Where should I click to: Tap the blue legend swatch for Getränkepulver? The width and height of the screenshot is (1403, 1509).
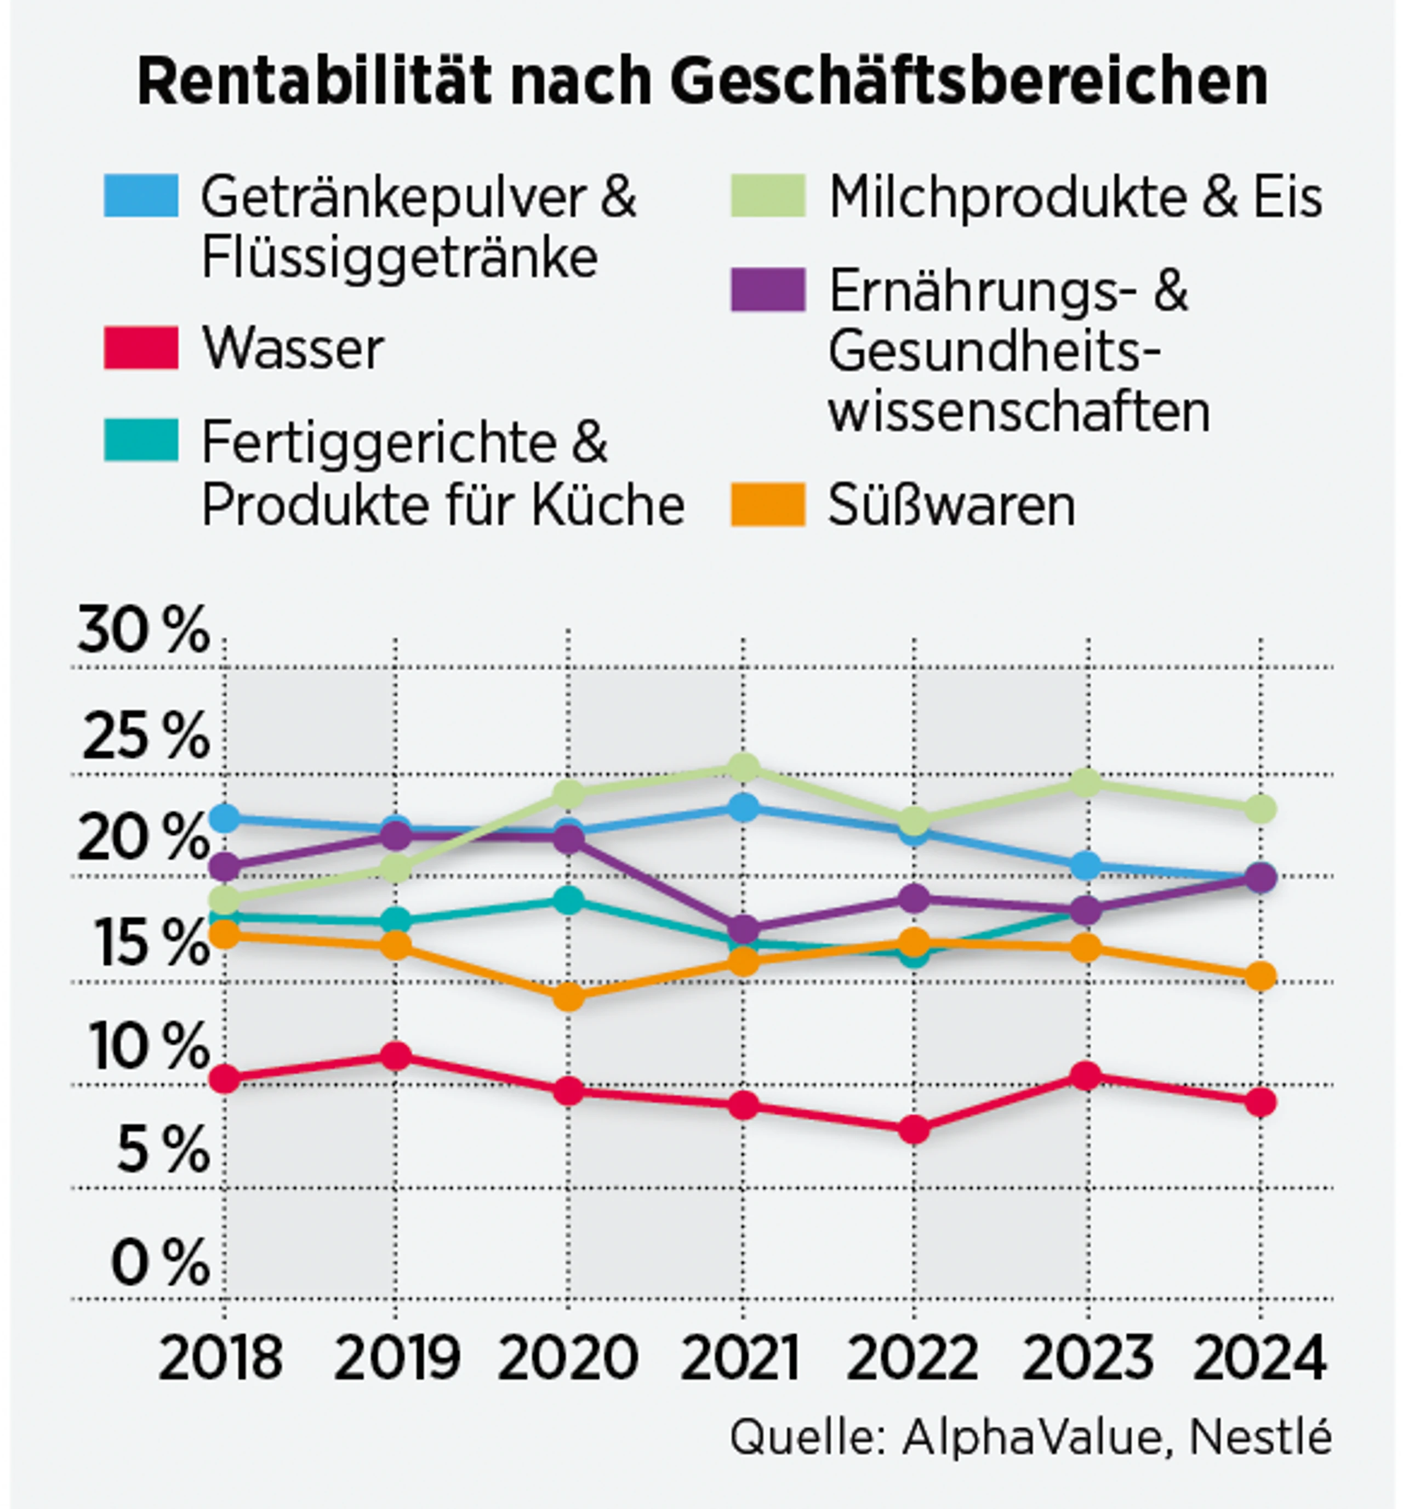coord(141,196)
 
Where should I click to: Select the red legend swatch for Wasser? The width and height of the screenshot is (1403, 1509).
coord(141,349)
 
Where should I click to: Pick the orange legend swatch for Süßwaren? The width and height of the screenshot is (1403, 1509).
coord(767,505)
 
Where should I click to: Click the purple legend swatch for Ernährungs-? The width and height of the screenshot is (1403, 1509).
coord(767,290)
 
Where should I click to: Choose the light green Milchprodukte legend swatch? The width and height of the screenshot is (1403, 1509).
coord(767,196)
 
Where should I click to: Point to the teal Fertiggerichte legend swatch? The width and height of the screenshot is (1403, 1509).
coord(141,440)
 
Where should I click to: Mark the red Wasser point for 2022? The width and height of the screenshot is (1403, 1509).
coord(914,1130)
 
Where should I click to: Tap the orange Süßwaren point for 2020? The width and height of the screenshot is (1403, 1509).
coord(568,996)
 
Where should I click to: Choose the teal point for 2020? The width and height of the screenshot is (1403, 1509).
coord(568,900)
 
